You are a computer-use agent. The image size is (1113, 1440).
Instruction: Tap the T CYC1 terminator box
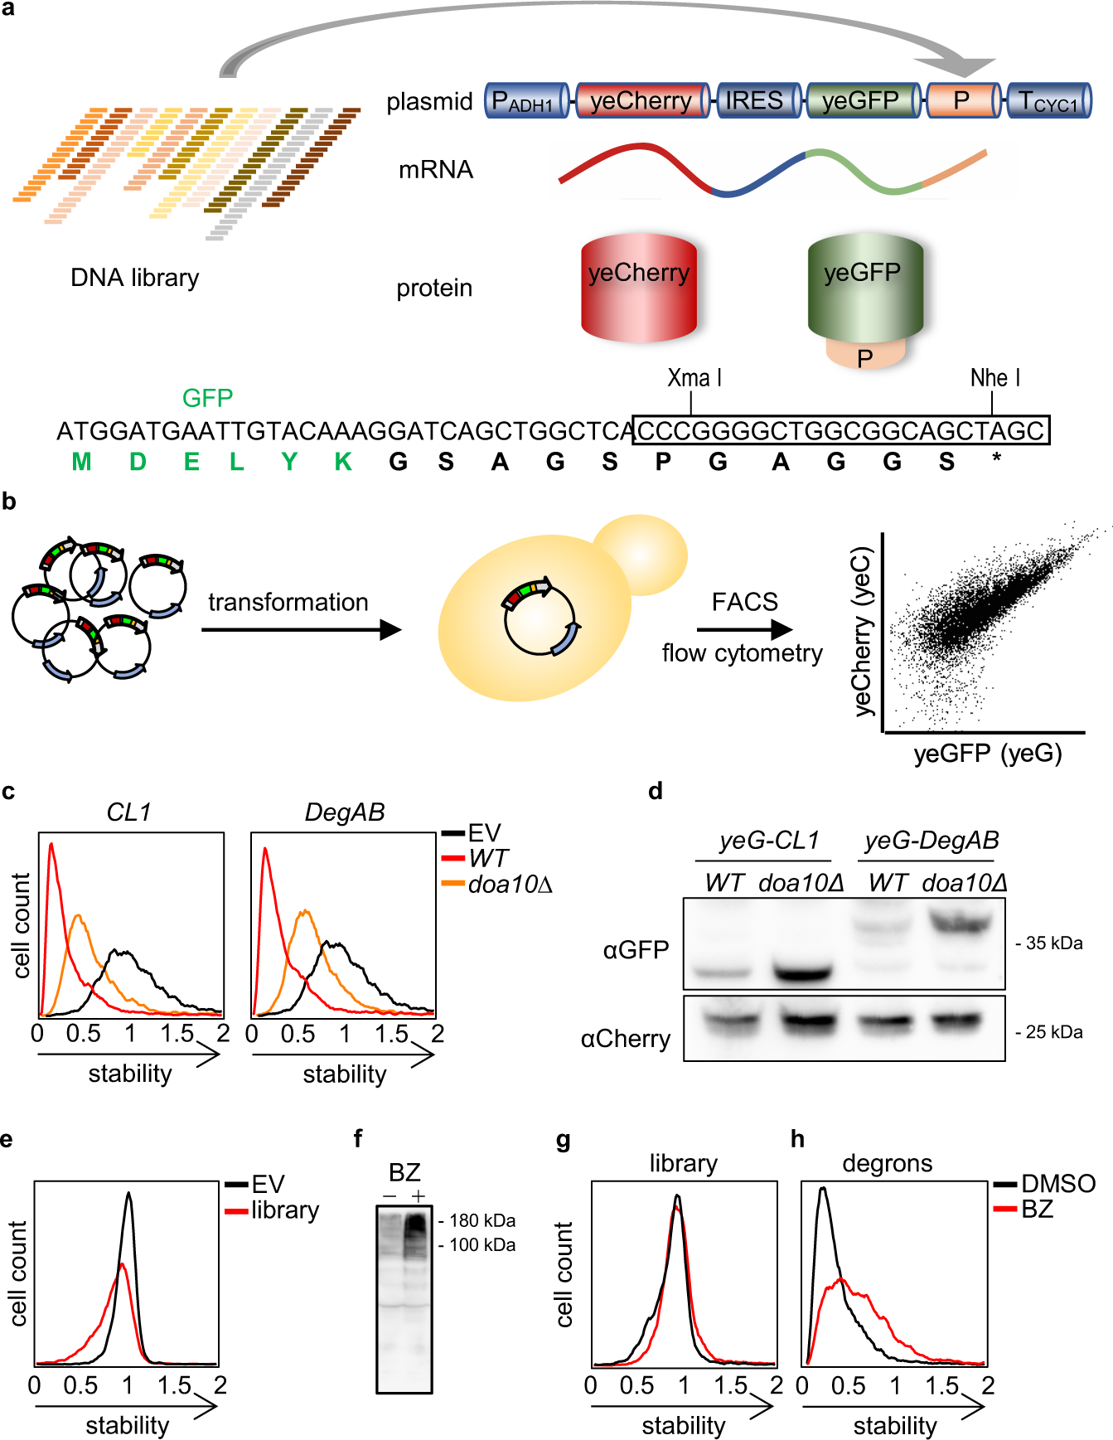tap(1048, 101)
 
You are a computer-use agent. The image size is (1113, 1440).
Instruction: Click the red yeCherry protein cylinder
tap(639, 288)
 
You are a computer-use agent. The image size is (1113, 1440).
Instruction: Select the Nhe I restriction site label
tap(994, 378)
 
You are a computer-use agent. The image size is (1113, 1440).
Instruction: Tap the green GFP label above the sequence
tap(207, 398)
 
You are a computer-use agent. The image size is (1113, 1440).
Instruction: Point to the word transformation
tap(288, 602)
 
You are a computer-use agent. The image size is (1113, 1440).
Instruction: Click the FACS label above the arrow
tap(744, 602)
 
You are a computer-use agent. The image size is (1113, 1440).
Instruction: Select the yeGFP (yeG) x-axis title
tap(987, 753)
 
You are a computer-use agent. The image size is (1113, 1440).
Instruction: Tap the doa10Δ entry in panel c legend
tap(510, 885)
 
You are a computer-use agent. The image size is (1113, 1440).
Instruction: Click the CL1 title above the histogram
tap(128, 812)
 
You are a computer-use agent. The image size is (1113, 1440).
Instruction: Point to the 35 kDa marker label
tap(1053, 943)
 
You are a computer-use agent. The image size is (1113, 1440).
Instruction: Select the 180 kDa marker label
tap(482, 1220)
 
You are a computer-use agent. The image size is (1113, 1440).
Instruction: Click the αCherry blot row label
tap(625, 1039)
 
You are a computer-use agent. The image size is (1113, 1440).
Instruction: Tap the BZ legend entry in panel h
tap(1037, 1209)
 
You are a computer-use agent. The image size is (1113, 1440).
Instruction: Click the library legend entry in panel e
tap(284, 1210)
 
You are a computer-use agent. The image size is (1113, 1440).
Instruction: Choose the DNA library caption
tap(134, 278)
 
